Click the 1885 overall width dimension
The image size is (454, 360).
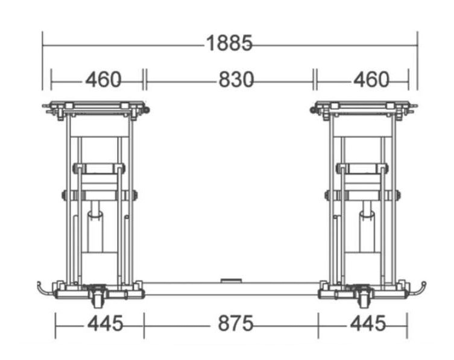point(229,43)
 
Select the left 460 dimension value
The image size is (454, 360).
point(103,80)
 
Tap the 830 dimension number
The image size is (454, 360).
point(236,80)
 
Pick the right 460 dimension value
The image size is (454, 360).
point(371,80)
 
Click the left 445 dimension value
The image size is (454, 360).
point(106,323)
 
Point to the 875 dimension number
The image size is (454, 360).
point(236,323)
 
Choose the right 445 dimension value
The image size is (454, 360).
point(368,323)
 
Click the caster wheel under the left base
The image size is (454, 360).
point(97,300)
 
